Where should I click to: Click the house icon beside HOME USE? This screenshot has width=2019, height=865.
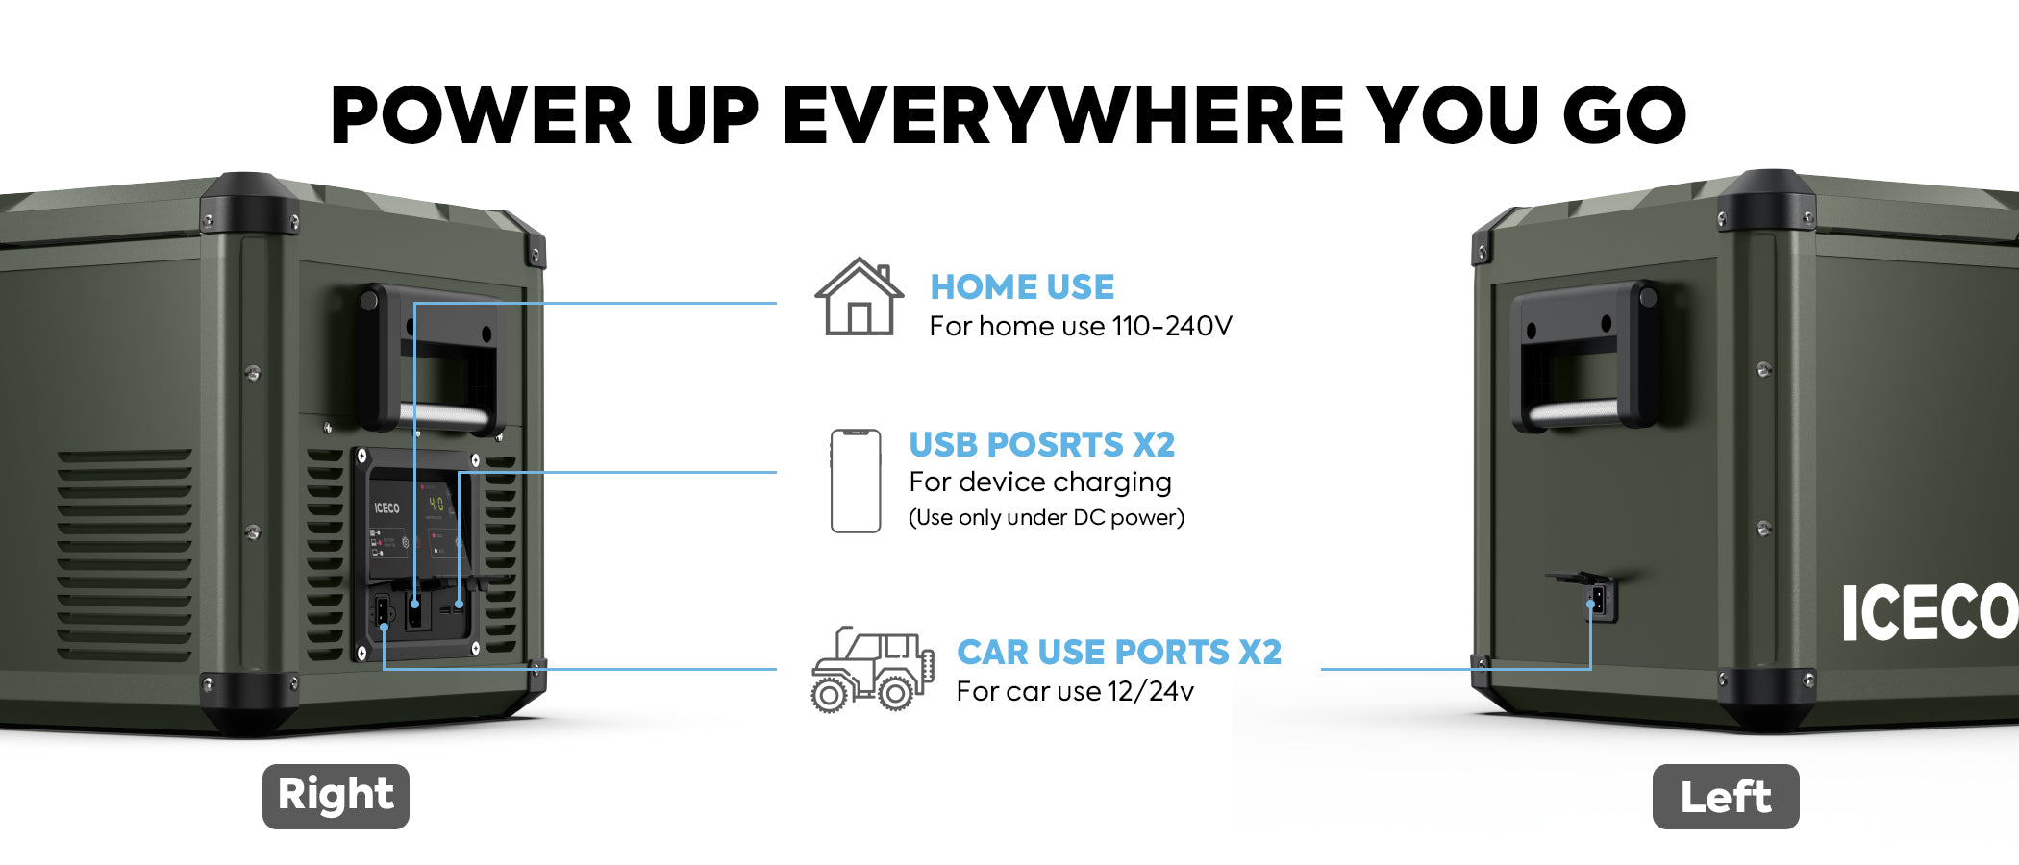[x=859, y=297]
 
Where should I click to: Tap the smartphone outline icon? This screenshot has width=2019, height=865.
[x=856, y=481]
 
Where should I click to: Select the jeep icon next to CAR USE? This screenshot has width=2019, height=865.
[x=872, y=670]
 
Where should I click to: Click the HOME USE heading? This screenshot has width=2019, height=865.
[x=1022, y=286]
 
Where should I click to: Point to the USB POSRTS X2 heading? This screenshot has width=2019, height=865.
[x=1042, y=444]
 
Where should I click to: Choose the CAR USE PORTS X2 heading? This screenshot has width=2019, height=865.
[x=1119, y=652]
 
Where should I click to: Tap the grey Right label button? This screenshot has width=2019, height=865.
[x=336, y=796]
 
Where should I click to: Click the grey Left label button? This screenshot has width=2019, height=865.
[x=1726, y=796]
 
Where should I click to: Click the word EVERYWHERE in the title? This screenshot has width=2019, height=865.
[x=1063, y=115]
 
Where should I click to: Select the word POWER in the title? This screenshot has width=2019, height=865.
[x=481, y=115]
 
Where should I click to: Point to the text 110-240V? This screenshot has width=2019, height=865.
[x=1172, y=326]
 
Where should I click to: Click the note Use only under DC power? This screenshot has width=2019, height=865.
[x=1046, y=517]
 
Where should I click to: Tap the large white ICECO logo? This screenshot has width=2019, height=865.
[x=1929, y=612]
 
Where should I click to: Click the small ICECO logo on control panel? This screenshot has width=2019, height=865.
[x=386, y=507]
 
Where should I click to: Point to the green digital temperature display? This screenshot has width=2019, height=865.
[x=436, y=504]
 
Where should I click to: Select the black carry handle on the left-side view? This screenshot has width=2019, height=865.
[x=1585, y=356]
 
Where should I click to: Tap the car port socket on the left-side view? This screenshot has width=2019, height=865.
[x=1598, y=601]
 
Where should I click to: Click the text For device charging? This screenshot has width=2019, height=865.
[x=1040, y=482]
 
